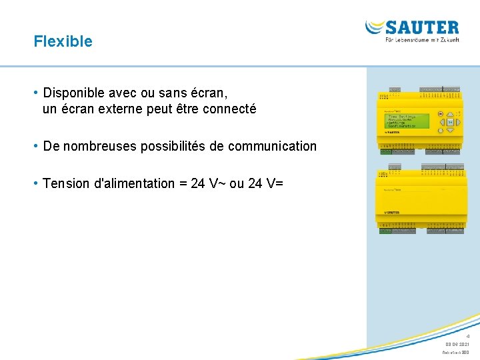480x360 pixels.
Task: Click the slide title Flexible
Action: tap(63, 41)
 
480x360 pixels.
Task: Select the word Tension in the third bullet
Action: tap(64, 183)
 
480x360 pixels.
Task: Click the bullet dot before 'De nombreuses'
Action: tap(37, 146)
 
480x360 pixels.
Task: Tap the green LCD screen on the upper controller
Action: tap(407, 121)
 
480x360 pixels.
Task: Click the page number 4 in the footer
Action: tap(468, 336)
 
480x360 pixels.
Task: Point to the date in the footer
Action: tap(457, 344)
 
